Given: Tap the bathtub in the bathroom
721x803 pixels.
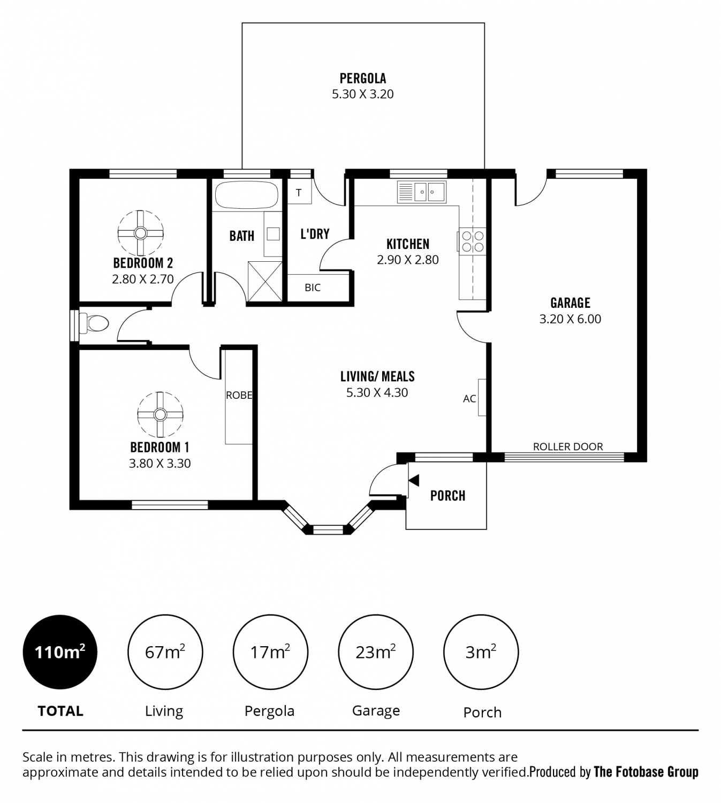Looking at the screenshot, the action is coord(246,195).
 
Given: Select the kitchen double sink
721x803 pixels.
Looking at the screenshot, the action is coord(422,192).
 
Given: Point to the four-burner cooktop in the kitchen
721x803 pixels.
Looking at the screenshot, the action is coord(473,241).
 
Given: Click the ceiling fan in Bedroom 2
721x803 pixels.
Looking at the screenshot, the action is coord(140,233).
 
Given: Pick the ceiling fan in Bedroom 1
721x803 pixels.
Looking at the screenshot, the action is coord(160,414).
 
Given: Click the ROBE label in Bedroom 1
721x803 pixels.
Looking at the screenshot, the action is coord(239,395).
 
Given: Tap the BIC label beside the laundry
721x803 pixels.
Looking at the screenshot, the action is coord(313,287).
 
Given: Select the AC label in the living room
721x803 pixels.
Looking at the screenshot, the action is coord(469,399).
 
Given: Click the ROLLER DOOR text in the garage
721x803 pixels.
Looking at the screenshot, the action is coord(567,446).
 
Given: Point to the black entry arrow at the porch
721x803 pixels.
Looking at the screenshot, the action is coord(414,480).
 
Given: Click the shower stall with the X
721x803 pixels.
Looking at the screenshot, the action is coord(265,281).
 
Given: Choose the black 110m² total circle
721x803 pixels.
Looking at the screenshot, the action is coord(60,652).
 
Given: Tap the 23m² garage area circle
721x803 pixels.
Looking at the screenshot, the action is coord(376,652).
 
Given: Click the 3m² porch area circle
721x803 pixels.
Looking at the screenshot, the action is coord(481,652).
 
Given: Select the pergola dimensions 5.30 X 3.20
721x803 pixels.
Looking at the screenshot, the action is coord(363,94).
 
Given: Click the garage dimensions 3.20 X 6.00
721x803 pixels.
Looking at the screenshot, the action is coord(570,319).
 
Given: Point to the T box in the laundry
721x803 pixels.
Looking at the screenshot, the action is coord(299,192).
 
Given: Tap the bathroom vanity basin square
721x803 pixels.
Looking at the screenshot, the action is coord(273,233).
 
